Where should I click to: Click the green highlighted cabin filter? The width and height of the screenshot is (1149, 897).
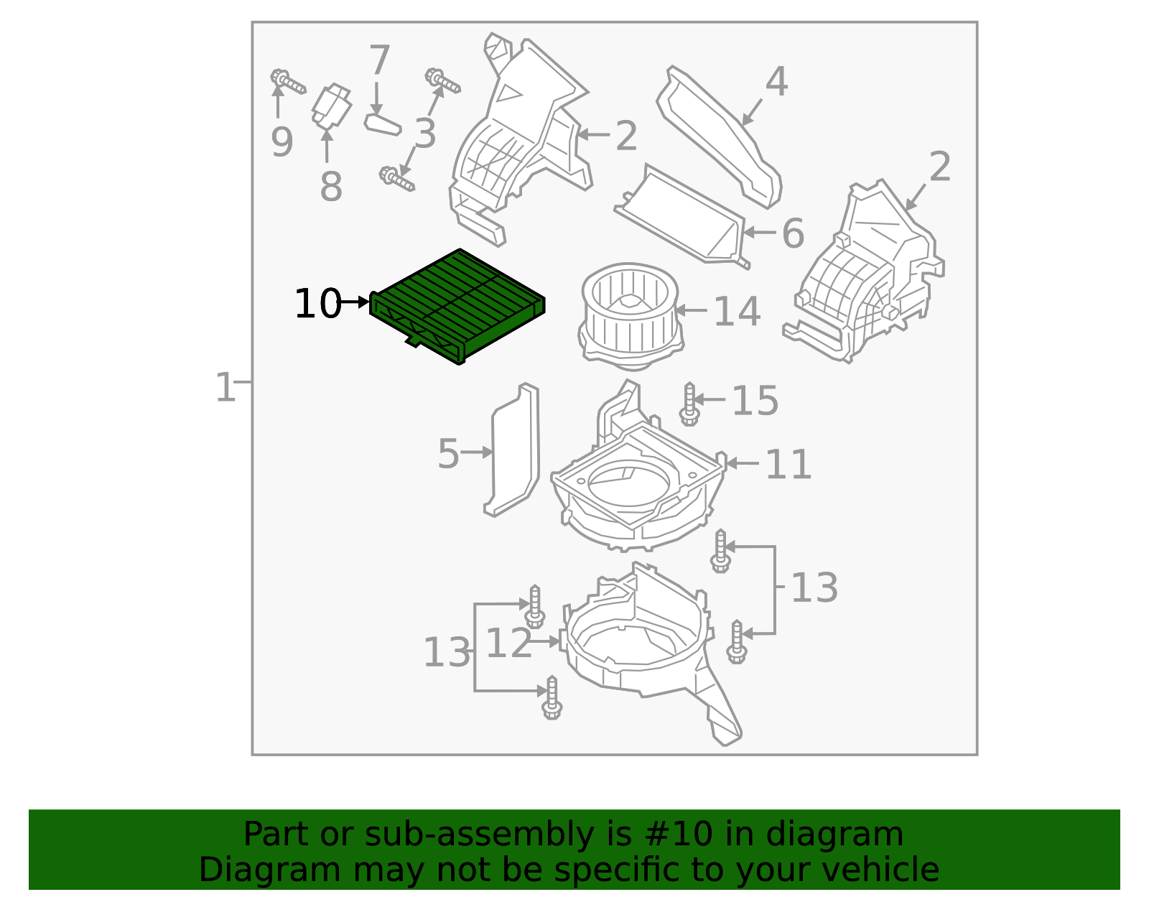(x=457, y=305)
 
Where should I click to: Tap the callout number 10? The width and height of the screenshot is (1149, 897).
(x=317, y=304)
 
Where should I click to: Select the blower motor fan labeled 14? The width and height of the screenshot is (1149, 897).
(x=630, y=314)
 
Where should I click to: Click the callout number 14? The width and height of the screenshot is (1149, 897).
(x=737, y=312)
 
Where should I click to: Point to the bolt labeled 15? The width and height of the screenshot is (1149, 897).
(x=689, y=404)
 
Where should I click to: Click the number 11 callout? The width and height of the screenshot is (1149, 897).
(x=788, y=465)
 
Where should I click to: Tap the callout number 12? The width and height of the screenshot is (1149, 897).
(x=508, y=643)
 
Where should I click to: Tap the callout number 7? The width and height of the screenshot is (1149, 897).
(x=379, y=60)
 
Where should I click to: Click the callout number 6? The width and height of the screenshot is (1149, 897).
(x=792, y=233)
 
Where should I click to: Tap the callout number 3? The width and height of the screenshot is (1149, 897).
(x=425, y=134)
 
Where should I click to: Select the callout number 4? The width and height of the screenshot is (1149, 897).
(x=776, y=82)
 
